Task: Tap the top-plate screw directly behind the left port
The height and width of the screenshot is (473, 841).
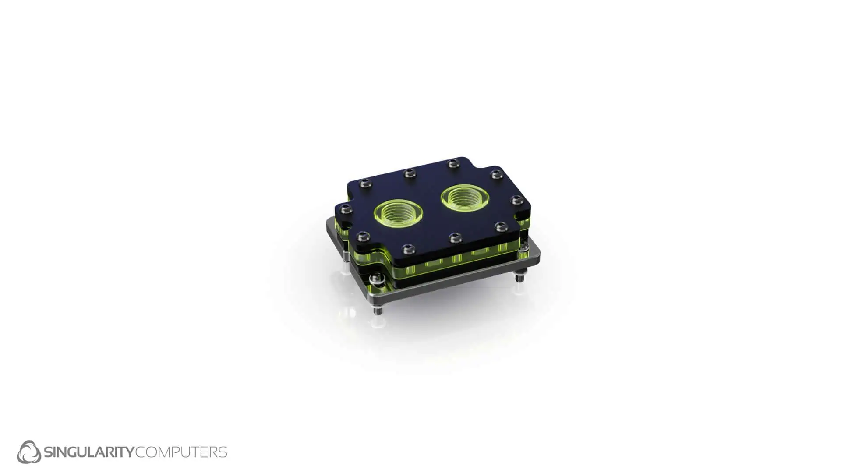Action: (409, 173)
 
